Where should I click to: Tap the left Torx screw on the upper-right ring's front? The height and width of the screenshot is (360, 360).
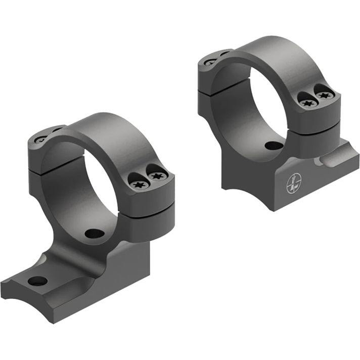(x=306, y=103)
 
